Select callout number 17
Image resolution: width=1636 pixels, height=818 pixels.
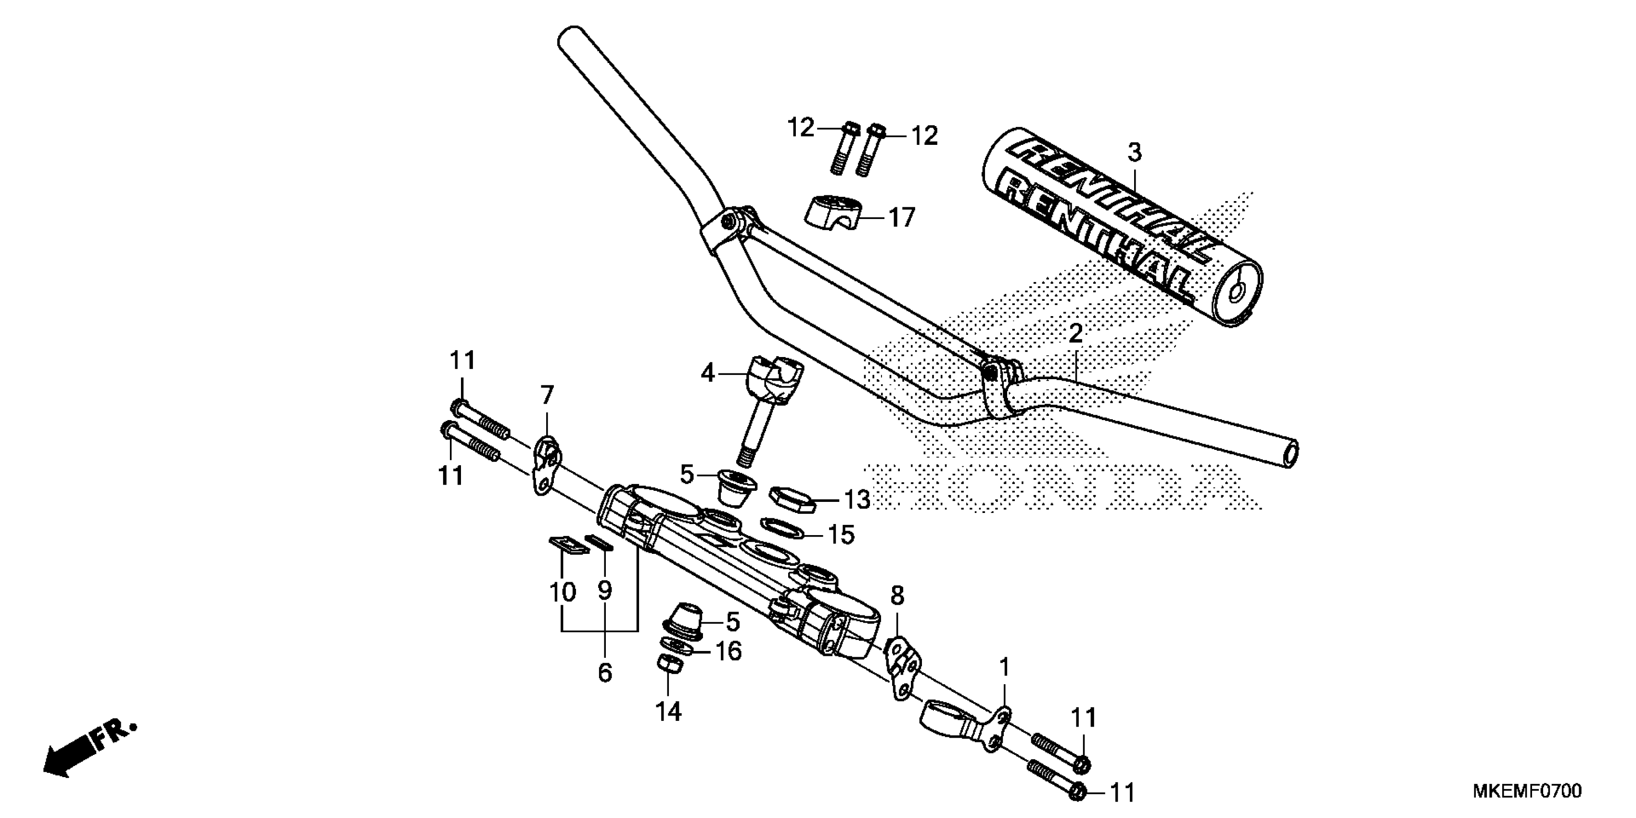coord(901,218)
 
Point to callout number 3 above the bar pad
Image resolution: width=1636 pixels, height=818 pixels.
coord(1134,153)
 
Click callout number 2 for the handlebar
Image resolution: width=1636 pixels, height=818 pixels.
coord(1075,334)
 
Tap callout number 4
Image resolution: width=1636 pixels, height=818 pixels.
coord(707,373)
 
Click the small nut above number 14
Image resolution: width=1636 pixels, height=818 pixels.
coord(669,665)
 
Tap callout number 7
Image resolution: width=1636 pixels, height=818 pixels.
coord(548,396)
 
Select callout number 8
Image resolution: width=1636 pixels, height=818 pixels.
coord(897,596)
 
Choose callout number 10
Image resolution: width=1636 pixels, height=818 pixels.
coord(562,592)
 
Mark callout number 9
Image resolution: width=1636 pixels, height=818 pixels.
coord(605,590)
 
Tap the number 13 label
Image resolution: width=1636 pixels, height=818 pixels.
coord(857,500)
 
